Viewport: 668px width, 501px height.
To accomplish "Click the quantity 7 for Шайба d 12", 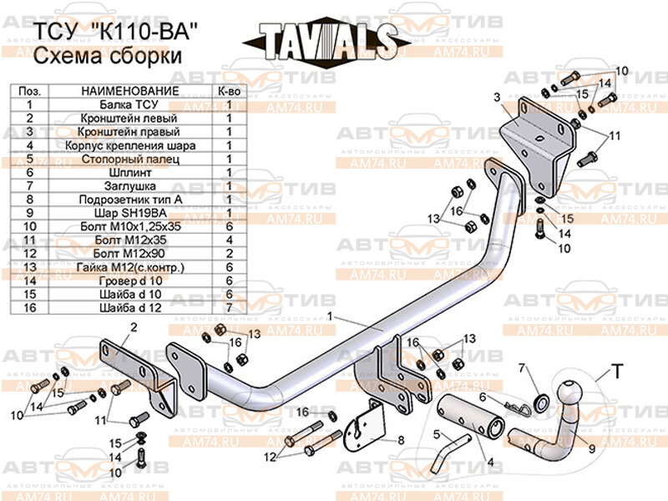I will (x=228, y=307).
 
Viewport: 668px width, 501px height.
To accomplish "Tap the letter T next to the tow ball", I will (x=616, y=371).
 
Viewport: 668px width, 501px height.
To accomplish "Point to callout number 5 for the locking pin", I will (x=435, y=433).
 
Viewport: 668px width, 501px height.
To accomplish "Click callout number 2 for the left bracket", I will (x=132, y=327).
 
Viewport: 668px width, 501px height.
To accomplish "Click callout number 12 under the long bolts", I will (x=269, y=456).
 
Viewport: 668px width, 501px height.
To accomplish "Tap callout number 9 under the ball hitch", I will (x=591, y=448).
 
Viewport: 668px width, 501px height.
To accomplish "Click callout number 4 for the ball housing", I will (x=489, y=462).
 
